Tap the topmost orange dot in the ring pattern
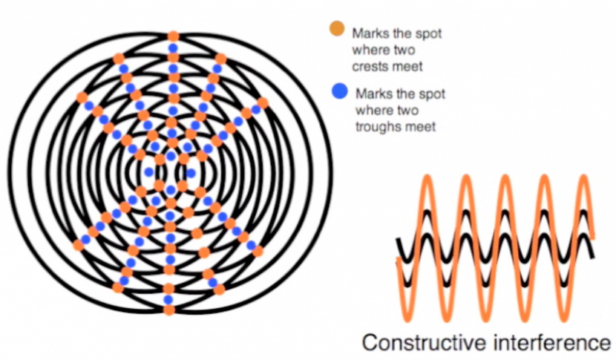click(173, 36)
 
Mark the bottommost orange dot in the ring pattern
click(169, 310)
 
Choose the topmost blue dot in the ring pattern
click(173, 48)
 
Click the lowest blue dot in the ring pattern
click(169, 299)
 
